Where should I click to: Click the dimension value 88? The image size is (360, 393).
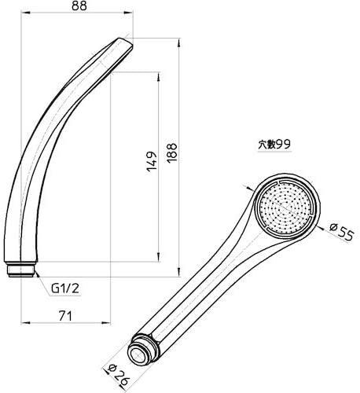[x=79, y=6]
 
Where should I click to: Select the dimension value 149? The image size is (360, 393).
[x=152, y=161]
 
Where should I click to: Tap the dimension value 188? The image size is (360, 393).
[x=172, y=153]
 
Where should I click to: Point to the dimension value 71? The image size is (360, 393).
[x=65, y=315]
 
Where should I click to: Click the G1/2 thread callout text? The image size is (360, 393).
[x=64, y=288]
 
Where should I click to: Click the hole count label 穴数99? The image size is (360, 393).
[x=274, y=145]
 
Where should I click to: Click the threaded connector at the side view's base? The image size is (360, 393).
[x=20, y=269]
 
